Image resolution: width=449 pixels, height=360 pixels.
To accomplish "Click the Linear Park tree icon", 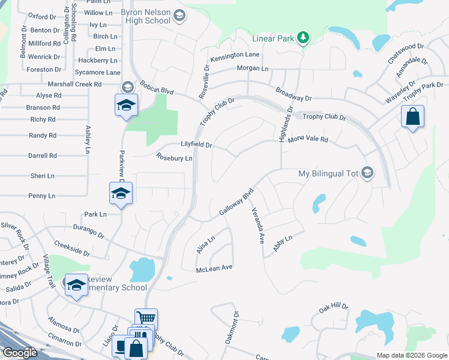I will [304, 38].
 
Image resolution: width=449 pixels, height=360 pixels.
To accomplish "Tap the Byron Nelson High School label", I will [145, 16].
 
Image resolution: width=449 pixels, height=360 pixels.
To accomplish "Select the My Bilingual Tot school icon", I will [367, 174].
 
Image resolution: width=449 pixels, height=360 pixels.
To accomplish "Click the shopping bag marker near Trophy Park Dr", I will [413, 116].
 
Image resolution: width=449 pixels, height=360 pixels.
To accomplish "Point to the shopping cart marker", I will [146, 319].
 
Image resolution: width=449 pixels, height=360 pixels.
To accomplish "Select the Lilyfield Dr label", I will [196, 145].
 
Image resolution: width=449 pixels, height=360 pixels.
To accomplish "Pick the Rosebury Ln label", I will [174, 158].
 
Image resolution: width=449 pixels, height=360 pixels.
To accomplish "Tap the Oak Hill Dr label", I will [333, 308].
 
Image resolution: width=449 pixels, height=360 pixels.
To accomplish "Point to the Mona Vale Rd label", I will [309, 139].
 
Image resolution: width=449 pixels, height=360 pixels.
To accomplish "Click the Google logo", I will [20, 353].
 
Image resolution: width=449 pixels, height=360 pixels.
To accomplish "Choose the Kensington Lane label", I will [234, 55].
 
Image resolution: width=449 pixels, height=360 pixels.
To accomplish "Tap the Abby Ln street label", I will [282, 246].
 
